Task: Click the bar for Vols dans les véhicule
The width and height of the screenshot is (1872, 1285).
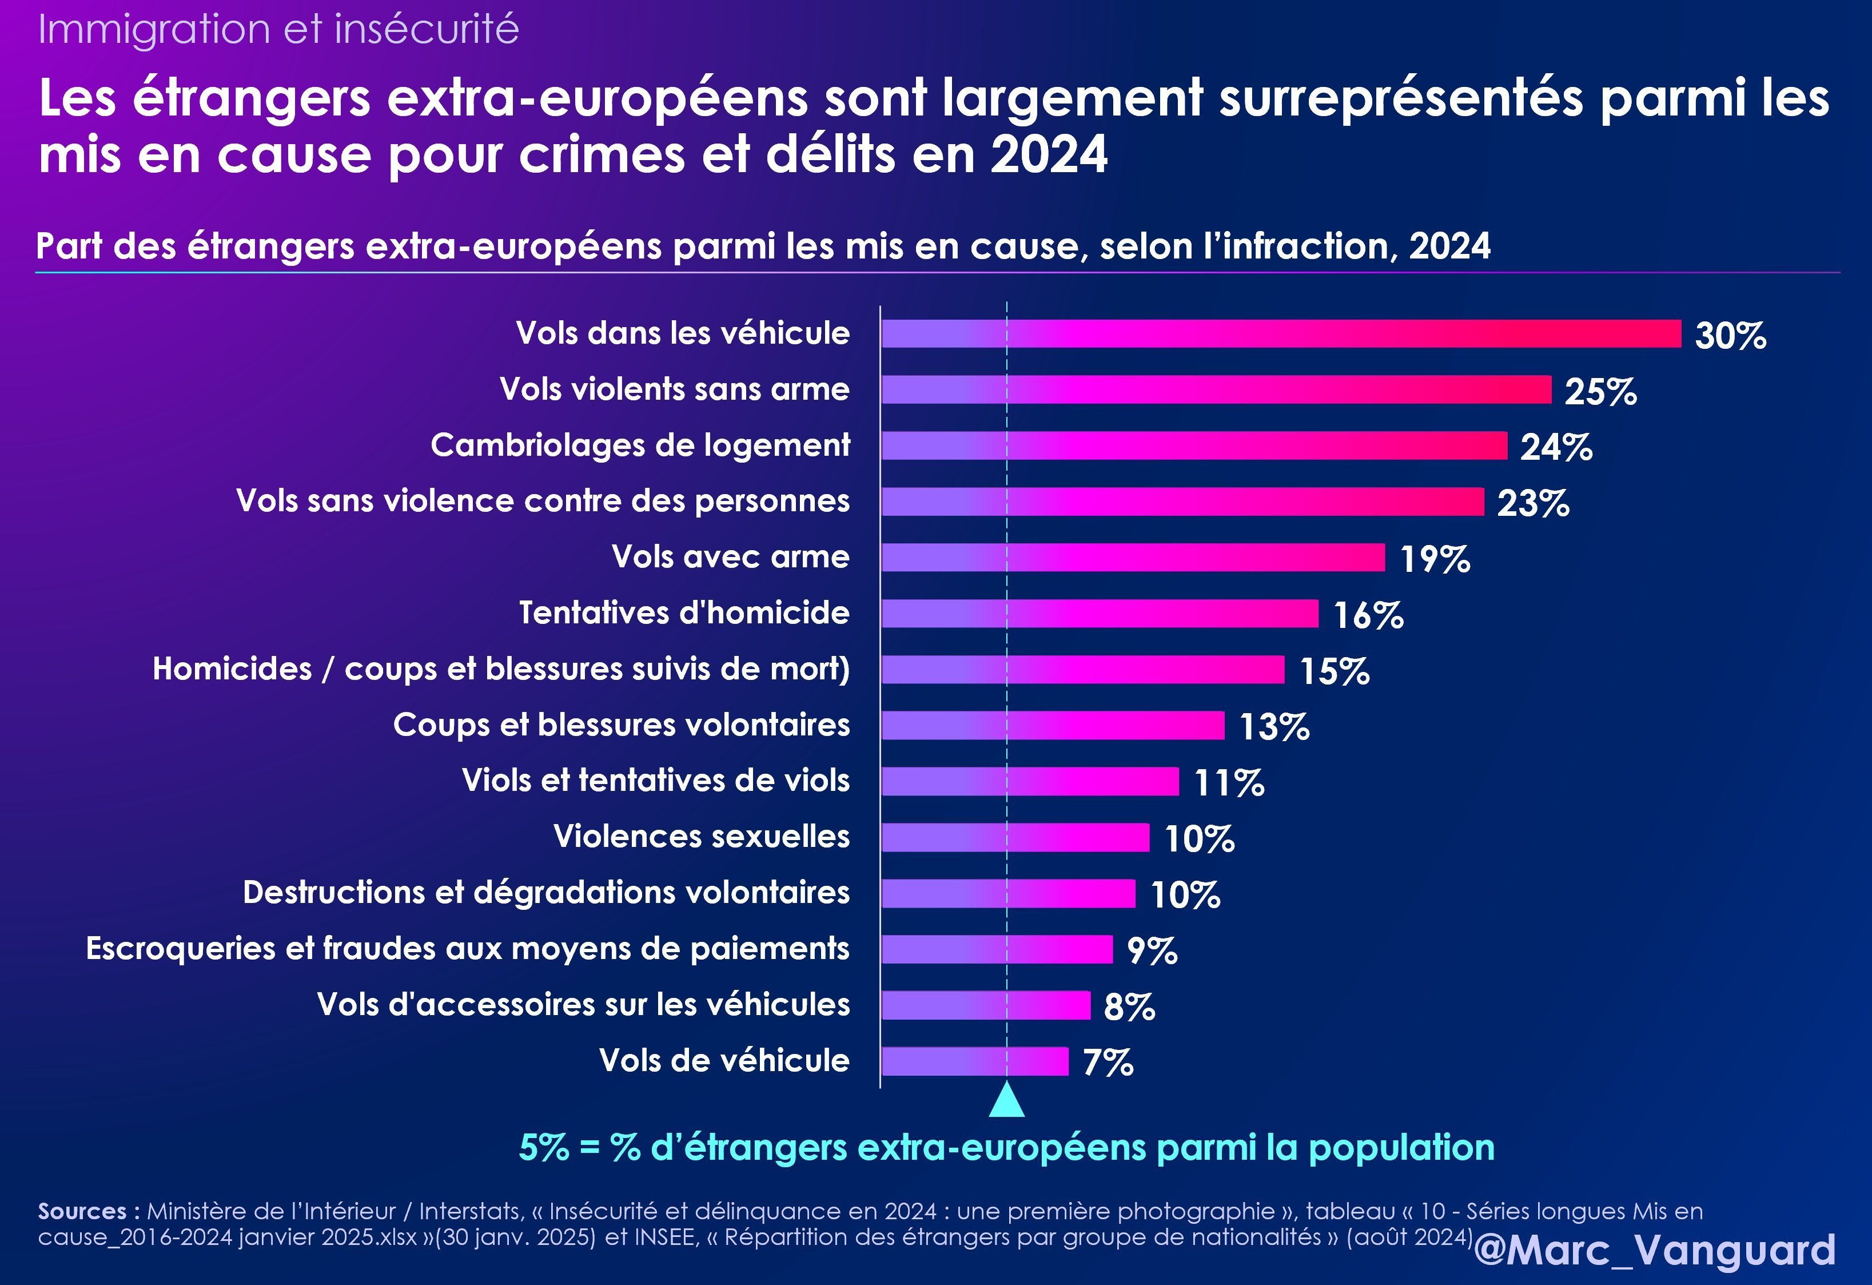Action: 1281,333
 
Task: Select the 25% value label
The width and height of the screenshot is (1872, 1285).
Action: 1600,392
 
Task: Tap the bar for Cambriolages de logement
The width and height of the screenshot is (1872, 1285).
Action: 1194,445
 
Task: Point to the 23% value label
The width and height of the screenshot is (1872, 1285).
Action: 1532,503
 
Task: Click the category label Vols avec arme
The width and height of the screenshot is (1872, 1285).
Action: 730,556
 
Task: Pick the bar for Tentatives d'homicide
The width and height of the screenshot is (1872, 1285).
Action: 1100,613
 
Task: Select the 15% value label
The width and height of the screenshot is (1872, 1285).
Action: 1334,671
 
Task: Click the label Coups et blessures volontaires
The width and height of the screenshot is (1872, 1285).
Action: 621,724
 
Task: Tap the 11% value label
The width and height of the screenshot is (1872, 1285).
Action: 1228,782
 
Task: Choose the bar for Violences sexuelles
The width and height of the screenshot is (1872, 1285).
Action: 1015,837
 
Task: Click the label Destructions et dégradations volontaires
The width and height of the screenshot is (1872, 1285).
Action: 546,892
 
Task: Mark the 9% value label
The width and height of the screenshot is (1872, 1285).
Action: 1151,950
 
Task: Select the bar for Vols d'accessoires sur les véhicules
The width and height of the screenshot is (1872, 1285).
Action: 985,1005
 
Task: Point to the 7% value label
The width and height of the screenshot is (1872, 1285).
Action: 1108,1062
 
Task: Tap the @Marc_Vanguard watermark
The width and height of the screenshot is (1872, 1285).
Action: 1655,1250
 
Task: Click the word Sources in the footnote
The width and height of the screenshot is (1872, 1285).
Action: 82,1211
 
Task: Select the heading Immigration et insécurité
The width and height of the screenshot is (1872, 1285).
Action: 278,29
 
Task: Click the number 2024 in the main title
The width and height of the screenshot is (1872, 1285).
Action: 1049,154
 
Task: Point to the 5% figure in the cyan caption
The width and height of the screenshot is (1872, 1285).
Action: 544,1147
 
